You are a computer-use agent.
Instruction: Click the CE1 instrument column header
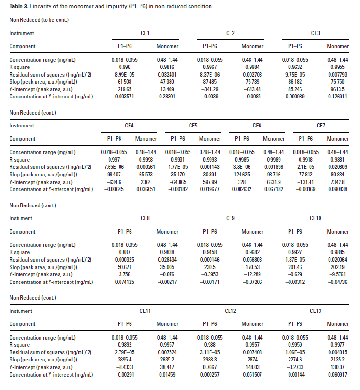point(145,33)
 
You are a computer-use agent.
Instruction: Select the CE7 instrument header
point(321,126)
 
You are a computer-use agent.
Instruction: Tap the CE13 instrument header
point(315,311)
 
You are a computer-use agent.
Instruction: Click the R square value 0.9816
point(167,68)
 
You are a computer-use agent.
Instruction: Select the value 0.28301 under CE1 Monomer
point(167,97)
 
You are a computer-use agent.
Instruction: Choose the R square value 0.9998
point(145,160)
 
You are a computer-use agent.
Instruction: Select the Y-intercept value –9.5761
point(338,274)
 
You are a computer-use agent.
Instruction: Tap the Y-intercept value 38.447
point(167,367)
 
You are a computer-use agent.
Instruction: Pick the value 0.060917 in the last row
point(338,374)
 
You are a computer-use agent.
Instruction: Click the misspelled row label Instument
point(21,218)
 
